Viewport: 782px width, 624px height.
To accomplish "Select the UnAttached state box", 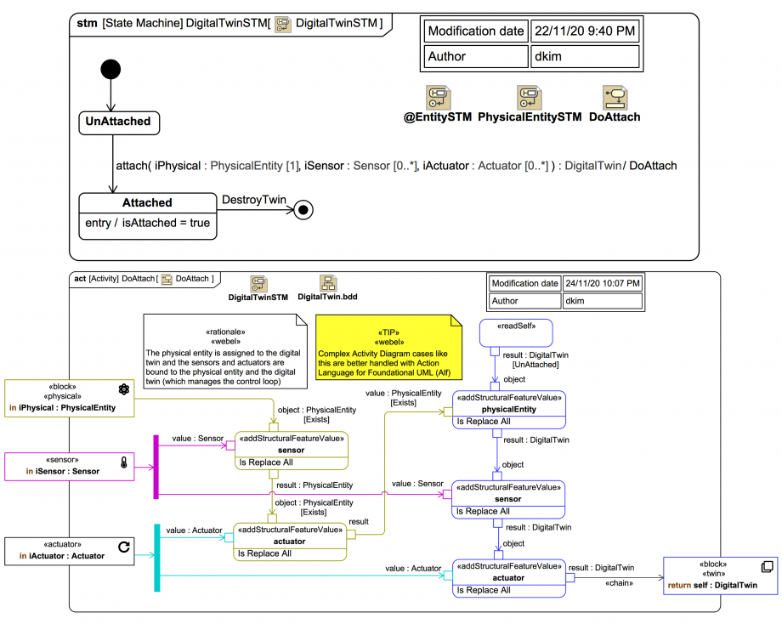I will tap(118, 122).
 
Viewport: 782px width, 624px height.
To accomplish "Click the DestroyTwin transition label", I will tap(253, 200).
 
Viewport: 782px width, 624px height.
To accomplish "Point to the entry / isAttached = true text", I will tap(148, 224).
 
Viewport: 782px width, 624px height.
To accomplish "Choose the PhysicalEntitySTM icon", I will tap(529, 97).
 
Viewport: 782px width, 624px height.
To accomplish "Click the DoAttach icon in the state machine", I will tap(614, 97).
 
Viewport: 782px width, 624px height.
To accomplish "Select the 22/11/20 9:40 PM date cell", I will tap(584, 31).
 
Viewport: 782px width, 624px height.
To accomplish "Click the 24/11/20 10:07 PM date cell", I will tap(602, 283).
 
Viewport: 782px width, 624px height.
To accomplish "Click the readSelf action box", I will tap(517, 332).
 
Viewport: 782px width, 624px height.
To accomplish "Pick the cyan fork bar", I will tap(156, 557).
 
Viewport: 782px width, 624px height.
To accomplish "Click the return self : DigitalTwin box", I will tap(721, 576).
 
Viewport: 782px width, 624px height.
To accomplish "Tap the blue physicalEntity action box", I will tap(508, 409).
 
